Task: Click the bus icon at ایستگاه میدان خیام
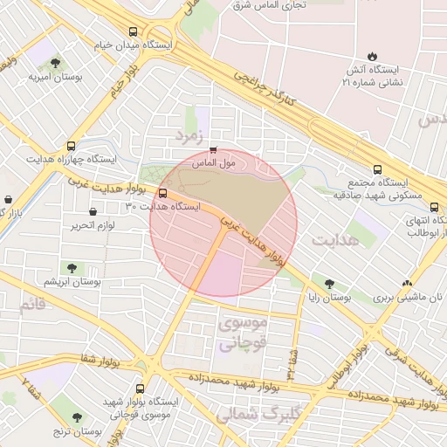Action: (132, 29)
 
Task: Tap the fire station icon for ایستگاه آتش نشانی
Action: (373, 52)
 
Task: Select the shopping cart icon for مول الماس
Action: (214, 149)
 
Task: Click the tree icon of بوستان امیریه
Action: (56, 63)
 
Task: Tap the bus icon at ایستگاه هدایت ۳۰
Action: (162, 193)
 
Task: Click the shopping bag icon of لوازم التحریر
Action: (93, 210)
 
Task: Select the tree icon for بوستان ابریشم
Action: (72, 268)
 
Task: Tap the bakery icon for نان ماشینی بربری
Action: (406, 283)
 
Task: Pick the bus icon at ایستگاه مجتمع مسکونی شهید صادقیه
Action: (377, 169)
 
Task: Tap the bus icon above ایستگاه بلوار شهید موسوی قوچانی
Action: (141, 388)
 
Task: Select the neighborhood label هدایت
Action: (335, 239)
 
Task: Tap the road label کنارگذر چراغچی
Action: (266, 91)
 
